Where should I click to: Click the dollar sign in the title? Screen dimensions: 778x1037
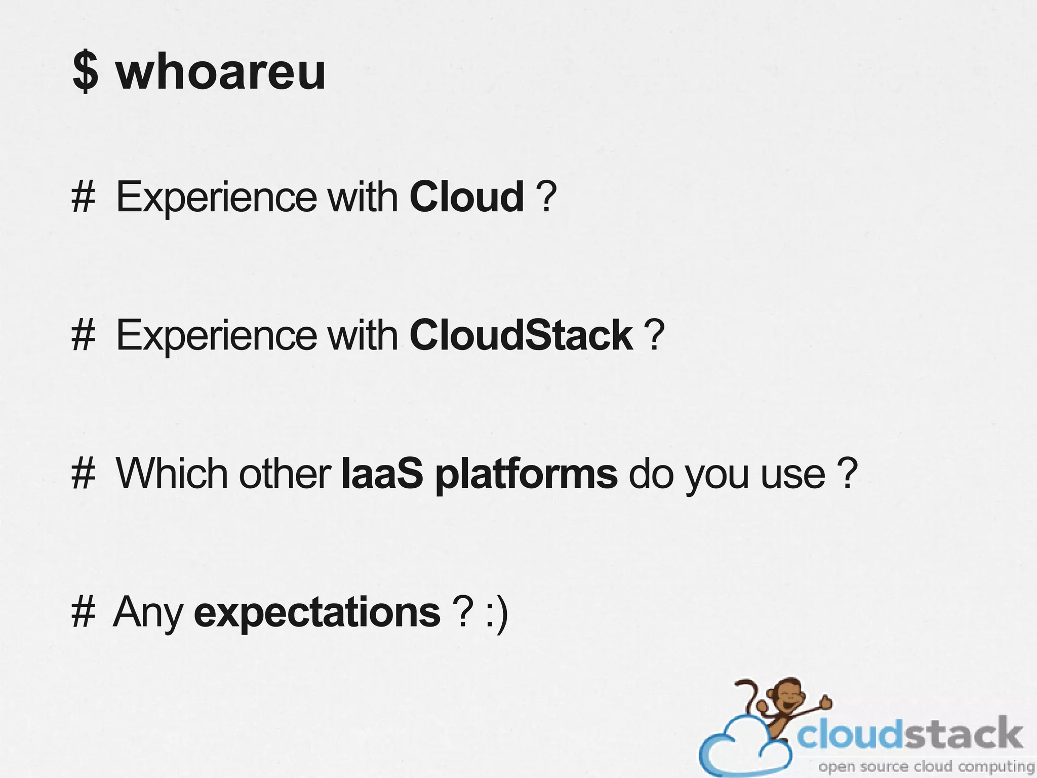pyautogui.click(x=85, y=72)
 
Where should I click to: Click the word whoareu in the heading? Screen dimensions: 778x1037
pyautogui.click(x=221, y=72)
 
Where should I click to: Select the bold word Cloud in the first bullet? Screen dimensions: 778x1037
pyautogui.click(x=466, y=197)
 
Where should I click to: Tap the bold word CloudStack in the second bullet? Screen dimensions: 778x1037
pyautogui.click(x=521, y=335)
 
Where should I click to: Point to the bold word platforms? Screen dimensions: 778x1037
pyautogui.click(x=526, y=475)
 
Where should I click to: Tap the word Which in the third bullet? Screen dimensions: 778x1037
pyautogui.click(x=172, y=474)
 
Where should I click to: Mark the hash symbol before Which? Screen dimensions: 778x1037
pyautogui.click(x=83, y=474)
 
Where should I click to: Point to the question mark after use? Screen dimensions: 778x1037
pyautogui.click(x=847, y=474)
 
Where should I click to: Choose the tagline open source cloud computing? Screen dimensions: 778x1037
pyautogui.click(x=926, y=767)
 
